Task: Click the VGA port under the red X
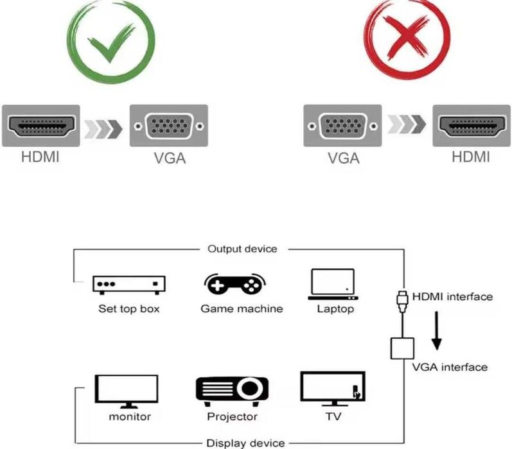[x=340, y=126]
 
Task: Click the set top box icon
[x=129, y=284]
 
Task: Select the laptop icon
[x=331, y=284]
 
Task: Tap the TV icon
[x=332, y=389]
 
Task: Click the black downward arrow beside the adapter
[x=437, y=330]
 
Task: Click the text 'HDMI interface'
[x=452, y=296]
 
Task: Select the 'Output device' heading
[x=242, y=249]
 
